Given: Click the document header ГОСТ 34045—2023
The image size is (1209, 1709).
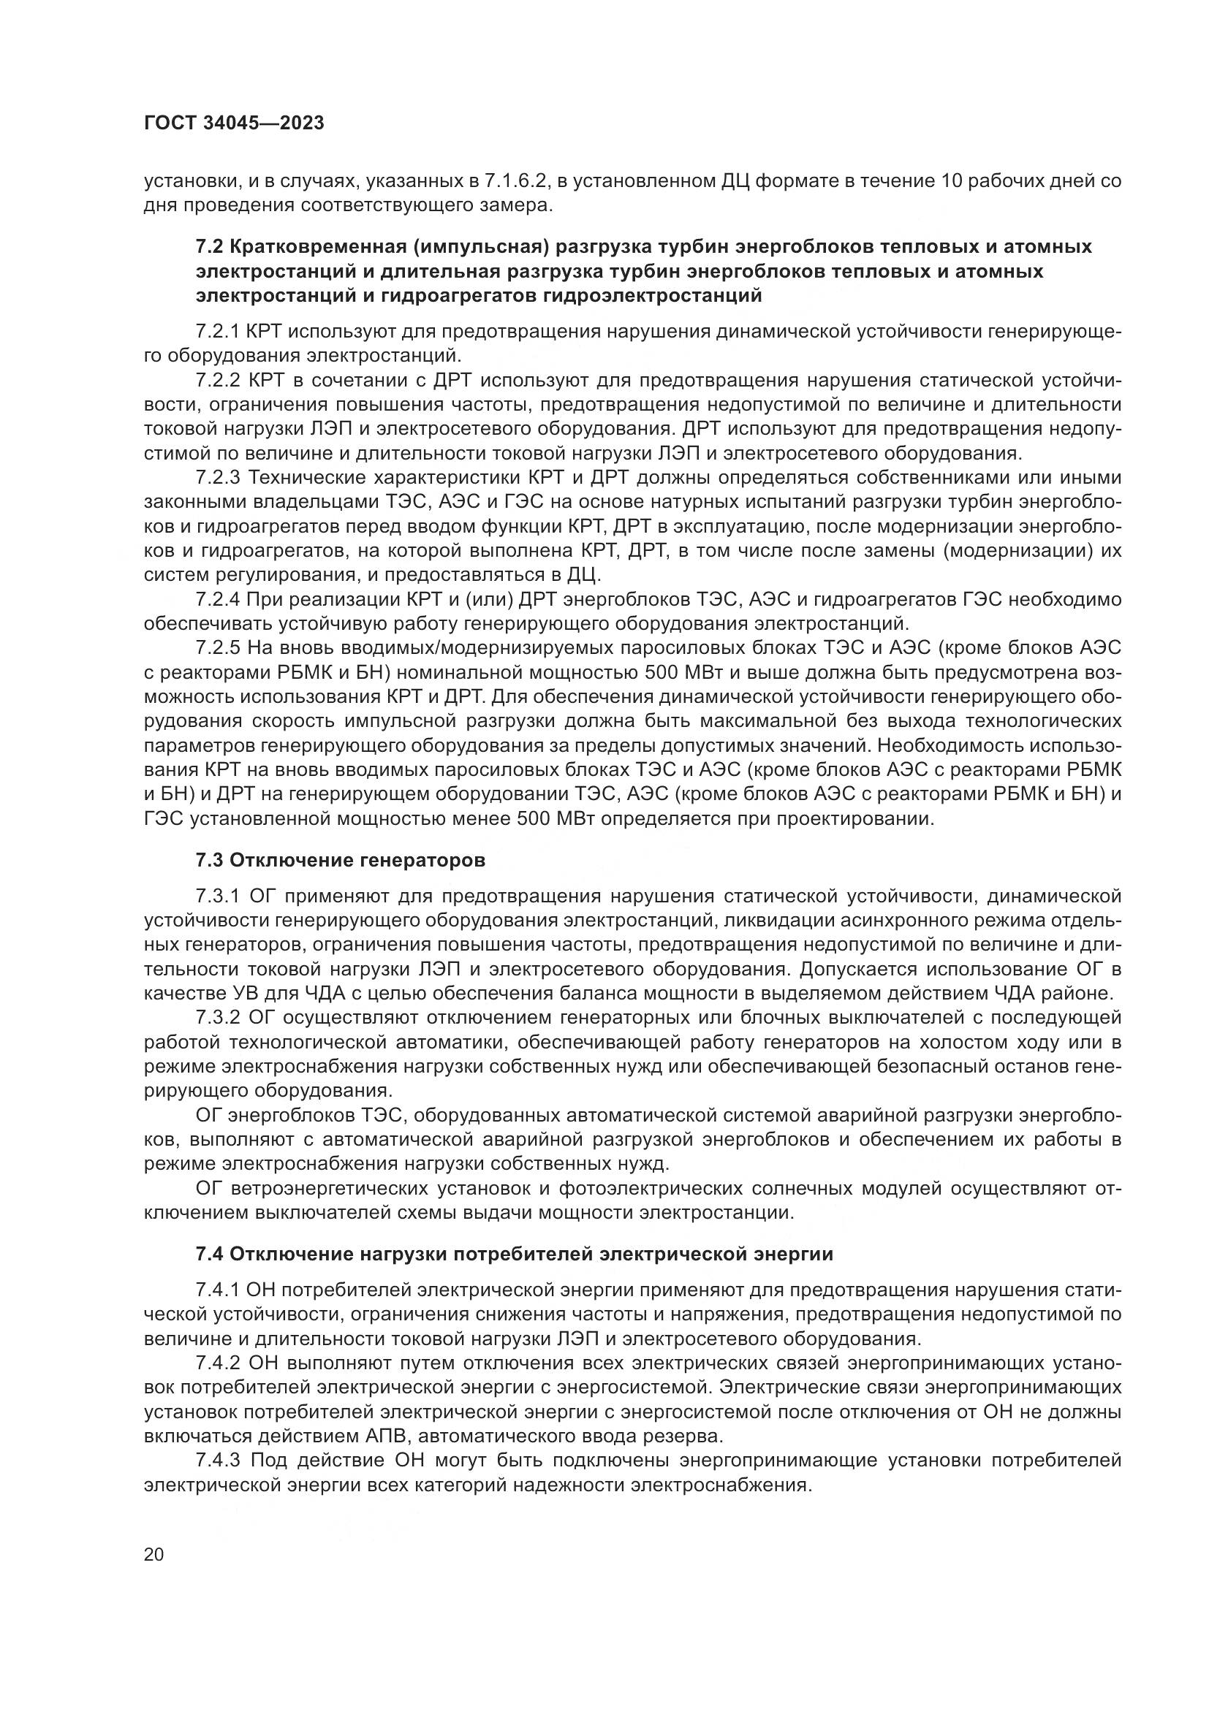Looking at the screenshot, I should (234, 123).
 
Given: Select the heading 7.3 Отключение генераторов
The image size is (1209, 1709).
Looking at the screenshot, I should (340, 861).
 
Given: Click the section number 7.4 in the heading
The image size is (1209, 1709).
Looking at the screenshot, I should (209, 1255).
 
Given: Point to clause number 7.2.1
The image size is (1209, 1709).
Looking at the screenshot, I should (217, 331).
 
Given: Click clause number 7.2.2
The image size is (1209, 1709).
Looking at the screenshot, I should (217, 381).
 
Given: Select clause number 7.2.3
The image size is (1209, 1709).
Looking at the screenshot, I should (217, 477).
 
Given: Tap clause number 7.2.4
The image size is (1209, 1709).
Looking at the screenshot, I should (217, 599).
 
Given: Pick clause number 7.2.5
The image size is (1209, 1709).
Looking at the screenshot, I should (217, 648).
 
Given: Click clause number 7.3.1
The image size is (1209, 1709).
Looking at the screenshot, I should (217, 897).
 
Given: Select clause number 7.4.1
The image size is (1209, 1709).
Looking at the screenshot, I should (217, 1290).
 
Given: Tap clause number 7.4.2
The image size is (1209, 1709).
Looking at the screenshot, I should (217, 1363).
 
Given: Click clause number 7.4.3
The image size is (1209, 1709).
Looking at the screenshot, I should (217, 1461).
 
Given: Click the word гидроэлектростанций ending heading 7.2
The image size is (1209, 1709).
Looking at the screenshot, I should (653, 296).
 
